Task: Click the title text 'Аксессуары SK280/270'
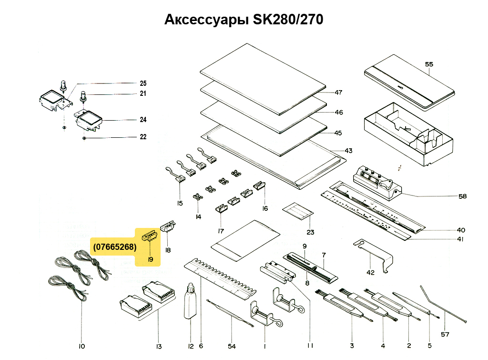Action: pos(244,20)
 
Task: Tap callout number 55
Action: pos(429,64)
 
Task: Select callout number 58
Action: pos(462,196)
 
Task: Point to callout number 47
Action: pos(338,93)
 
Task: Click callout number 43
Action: pos(348,151)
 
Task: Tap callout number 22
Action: pos(143,137)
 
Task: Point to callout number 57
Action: pos(444,334)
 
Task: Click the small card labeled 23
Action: pos(298,210)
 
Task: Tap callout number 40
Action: pos(461,229)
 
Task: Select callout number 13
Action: pos(159,346)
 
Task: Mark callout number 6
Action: pos(201,346)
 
